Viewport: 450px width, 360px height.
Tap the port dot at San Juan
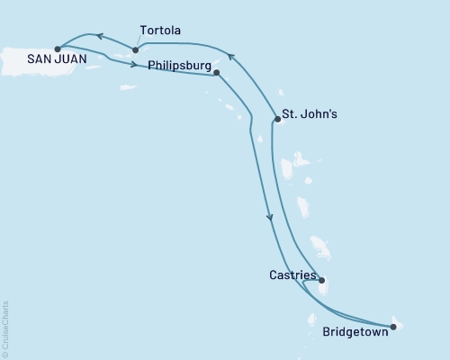58,49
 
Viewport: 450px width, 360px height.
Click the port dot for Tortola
135,49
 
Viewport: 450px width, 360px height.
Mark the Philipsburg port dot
217,74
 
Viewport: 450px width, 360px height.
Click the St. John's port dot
275,118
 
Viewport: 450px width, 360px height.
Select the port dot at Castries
322,280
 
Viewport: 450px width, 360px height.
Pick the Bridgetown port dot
392,327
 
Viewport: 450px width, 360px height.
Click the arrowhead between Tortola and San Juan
100,37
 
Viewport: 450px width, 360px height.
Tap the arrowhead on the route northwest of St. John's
230,58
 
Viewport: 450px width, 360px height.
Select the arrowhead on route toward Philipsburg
133,65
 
